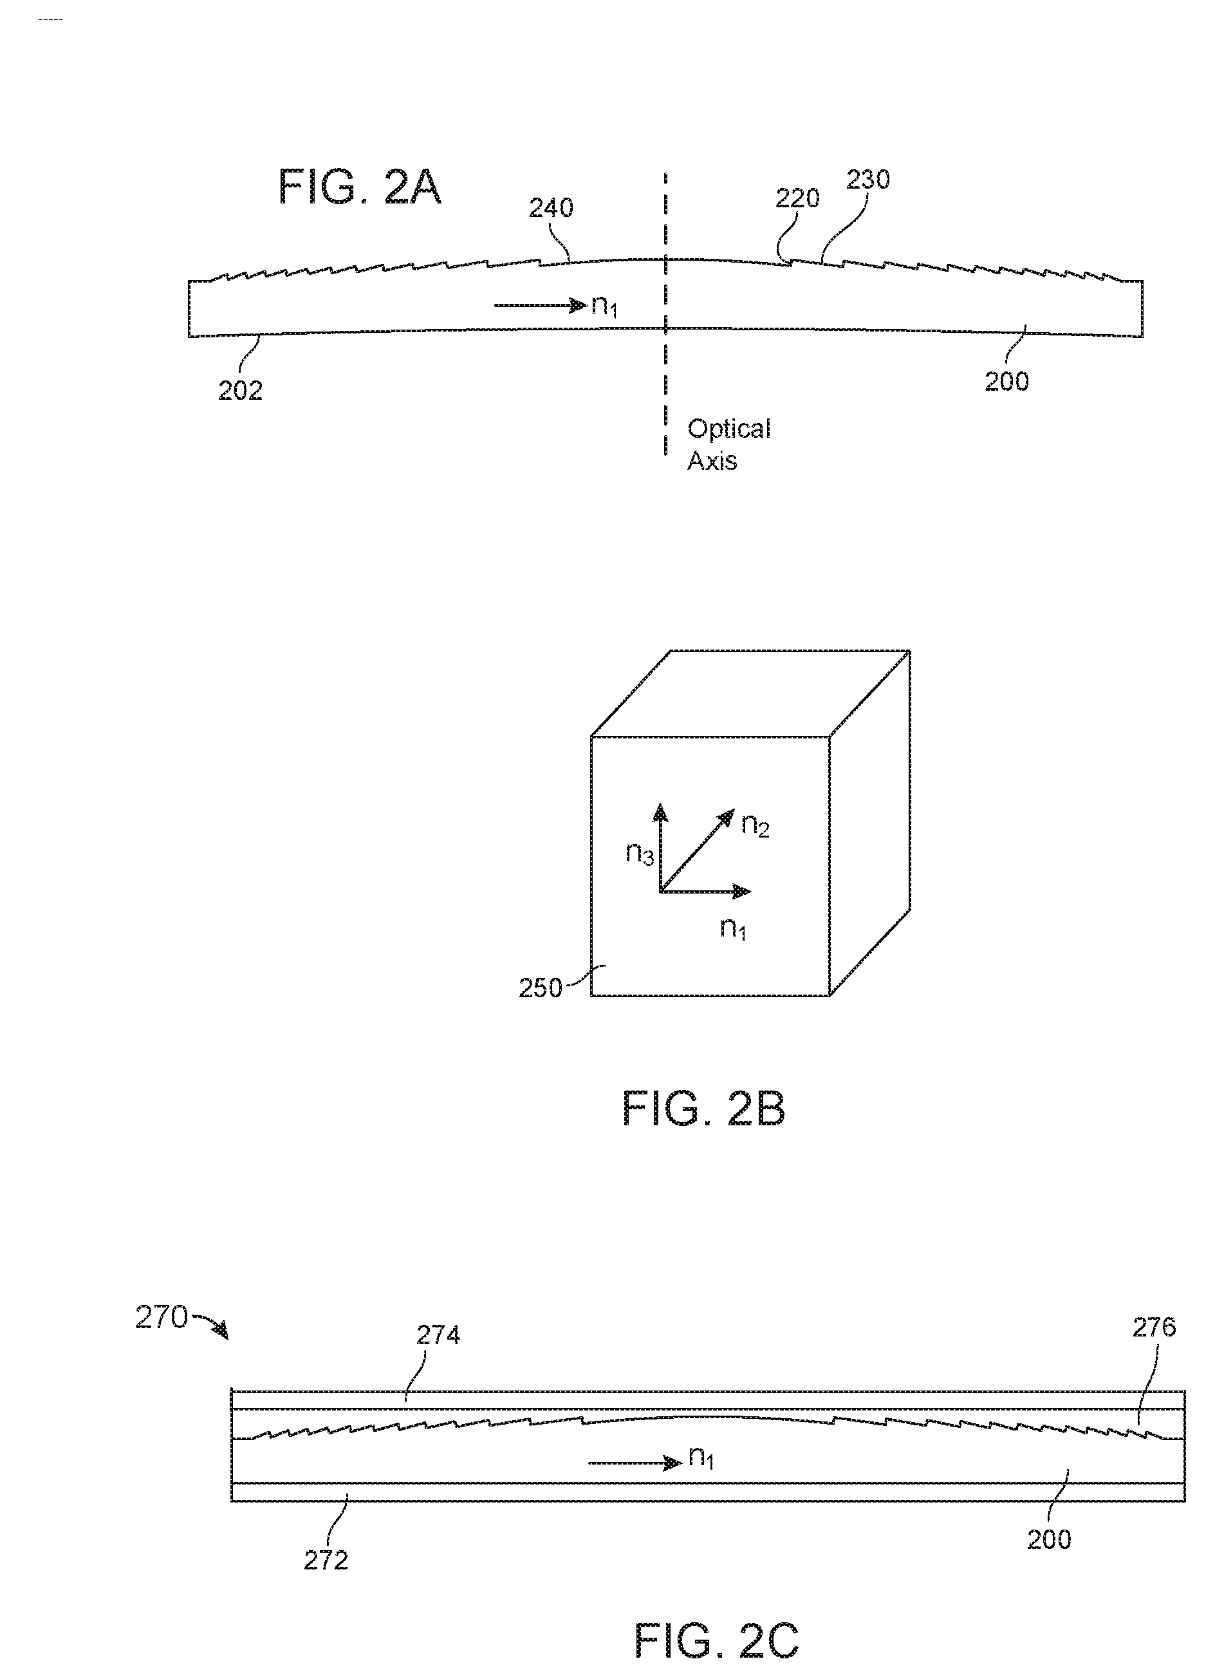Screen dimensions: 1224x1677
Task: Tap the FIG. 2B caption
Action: tap(703, 1109)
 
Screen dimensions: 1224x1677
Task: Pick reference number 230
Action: tap(867, 180)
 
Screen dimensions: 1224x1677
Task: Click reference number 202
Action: tap(240, 391)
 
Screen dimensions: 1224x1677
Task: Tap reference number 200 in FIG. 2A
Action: tap(1006, 382)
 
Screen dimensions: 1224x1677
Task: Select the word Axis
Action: tap(712, 461)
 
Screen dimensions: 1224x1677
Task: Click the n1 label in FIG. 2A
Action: tap(604, 306)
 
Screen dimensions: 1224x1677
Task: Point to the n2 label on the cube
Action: tap(755, 825)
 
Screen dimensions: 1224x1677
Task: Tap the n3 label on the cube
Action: tap(640, 853)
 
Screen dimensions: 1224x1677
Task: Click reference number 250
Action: tap(540, 989)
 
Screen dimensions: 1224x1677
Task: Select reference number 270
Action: tap(161, 1318)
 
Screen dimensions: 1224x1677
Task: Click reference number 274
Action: tap(438, 1335)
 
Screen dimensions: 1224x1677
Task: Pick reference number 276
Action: tap(1154, 1327)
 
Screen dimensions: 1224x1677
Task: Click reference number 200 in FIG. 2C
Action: tap(1048, 1539)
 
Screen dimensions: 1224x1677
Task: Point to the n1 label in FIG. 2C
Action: tap(701, 1457)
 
